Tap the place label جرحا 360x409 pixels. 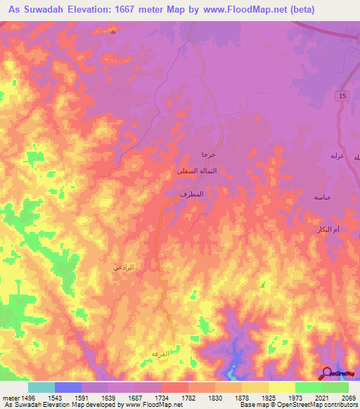[x=207, y=154]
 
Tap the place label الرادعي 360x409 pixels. [x=124, y=266]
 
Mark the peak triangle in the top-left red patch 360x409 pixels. [x=112, y=30]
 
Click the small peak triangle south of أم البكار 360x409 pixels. [x=262, y=285]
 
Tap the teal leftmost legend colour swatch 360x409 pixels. [x=41, y=387]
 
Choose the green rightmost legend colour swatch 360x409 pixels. [x=335, y=387]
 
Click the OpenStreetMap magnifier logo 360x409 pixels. [x=326, y=373]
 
